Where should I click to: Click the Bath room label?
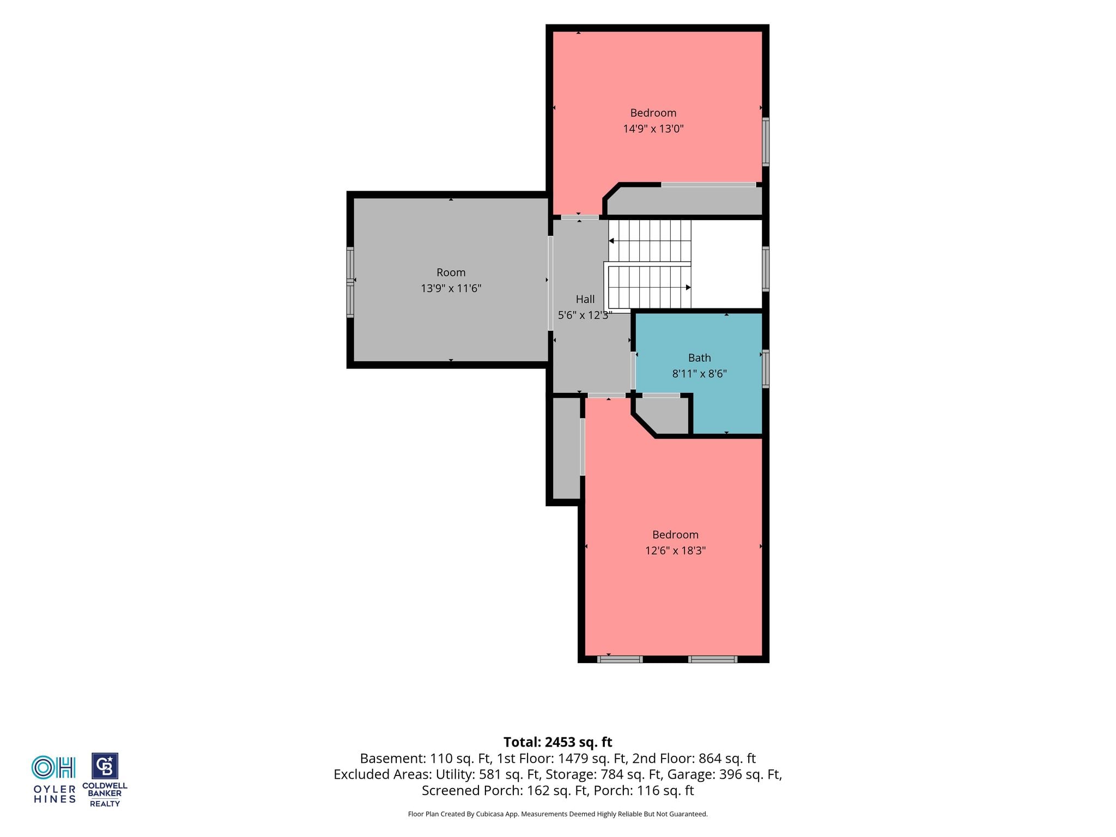tap(699, 358)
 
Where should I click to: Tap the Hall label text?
tap(585, 299)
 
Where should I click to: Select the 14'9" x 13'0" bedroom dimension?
tap(653, 129)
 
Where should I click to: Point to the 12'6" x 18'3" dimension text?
tap(675, 550)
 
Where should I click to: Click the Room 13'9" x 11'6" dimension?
tap(451, 288)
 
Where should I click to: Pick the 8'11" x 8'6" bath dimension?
tap(699, 374)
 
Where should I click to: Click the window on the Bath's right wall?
tap(766, 369)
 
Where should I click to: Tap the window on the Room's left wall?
tap(350, 282)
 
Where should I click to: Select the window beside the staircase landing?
tap(766, 269)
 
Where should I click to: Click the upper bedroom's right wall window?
tap(766, 142)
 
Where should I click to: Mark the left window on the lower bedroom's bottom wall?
tap(620, 659)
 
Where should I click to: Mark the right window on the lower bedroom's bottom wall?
tap(713, 659)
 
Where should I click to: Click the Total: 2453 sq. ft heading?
tap(557, 742)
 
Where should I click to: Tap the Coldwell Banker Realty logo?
tap(105, 780)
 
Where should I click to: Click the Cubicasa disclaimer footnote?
tap(557, 814)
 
